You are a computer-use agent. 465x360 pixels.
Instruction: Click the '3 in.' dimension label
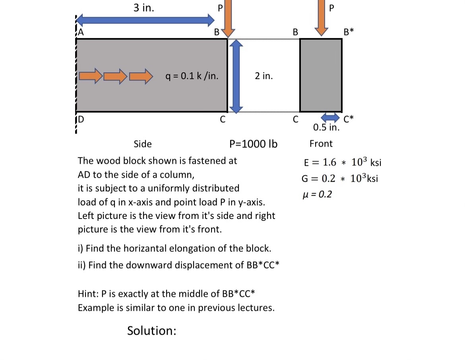point(143,8)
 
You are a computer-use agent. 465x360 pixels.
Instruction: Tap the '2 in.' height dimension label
point(264,76)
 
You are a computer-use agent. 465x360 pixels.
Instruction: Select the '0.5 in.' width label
point(326,128)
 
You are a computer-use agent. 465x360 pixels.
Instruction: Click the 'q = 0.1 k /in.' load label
point(192,76)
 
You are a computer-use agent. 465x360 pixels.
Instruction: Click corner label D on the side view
point(81,119)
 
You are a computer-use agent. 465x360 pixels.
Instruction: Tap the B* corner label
point(349,32)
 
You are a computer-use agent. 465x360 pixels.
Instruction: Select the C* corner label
point(349,118)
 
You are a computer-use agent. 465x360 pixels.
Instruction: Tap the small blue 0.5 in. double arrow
point(329,117)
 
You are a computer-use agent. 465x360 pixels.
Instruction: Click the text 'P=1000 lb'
point(254,144)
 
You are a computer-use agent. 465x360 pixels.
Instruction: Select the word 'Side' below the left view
point(143,144)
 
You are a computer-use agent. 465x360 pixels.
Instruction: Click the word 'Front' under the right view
point(321,143)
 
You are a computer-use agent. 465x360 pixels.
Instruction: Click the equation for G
point(339,178)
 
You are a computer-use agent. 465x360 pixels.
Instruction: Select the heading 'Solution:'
point(151,331)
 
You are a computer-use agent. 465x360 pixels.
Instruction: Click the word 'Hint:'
point(89,294)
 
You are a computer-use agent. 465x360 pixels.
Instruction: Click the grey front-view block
point(321,75)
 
